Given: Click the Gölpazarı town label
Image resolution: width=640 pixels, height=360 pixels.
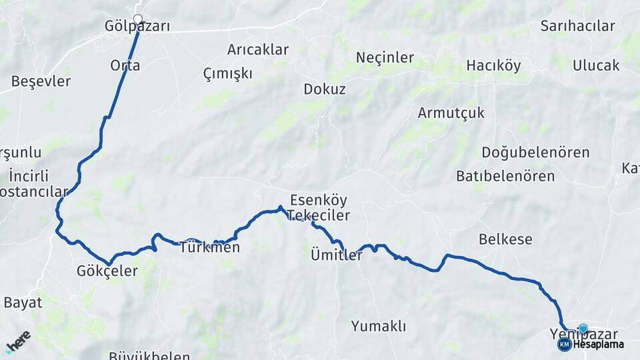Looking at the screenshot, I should [137, 27].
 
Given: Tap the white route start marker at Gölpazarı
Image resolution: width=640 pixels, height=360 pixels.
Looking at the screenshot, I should [138, 19].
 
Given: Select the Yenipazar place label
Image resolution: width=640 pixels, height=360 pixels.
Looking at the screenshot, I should [579, 333].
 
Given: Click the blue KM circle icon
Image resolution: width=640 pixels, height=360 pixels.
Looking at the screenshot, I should [564, 345].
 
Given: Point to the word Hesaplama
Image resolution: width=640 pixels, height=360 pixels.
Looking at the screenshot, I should [598, 345].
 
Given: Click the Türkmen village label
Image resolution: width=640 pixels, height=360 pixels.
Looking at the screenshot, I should [209, 248].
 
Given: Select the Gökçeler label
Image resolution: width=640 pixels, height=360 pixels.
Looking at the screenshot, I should [107, 271].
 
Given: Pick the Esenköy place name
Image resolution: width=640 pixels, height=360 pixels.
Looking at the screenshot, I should [319, 200].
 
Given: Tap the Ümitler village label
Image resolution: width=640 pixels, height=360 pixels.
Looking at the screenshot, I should [337, 255].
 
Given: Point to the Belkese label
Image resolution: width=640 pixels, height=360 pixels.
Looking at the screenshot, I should [505, 239].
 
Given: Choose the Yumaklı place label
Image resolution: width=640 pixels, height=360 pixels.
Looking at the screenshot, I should [379, 327].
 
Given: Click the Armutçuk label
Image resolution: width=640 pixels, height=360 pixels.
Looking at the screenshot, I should [451, 113].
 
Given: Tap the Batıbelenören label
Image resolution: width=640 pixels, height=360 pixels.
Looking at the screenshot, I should [505, 177].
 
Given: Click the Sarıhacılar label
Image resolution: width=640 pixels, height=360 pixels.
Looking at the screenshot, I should [577, 26].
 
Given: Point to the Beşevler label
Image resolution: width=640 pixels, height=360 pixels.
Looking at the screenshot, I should [41, 81].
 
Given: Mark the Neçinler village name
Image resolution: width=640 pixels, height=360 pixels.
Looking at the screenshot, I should [385, 57].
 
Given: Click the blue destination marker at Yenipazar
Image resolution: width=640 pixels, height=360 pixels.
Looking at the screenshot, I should [583, 328].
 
